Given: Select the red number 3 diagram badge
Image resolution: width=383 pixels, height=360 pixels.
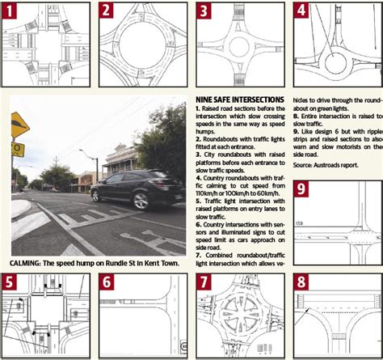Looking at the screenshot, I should (205, 11).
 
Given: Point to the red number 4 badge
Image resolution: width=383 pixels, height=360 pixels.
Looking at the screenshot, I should (301, 11).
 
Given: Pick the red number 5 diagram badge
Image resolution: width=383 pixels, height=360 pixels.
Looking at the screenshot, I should (11, 282).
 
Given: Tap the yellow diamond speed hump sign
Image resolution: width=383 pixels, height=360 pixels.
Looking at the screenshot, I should (19, 125).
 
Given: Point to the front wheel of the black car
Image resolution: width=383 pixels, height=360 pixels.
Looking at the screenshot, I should (152, 201).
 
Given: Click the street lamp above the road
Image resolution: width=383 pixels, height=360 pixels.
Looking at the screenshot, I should (85, 151).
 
